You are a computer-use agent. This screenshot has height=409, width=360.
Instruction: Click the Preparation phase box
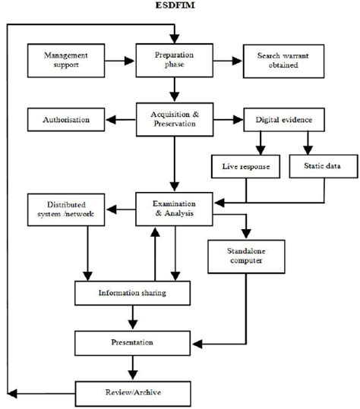pyautogui.click(x=174, y=61)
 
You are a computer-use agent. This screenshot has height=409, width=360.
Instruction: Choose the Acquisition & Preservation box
pyautogui.click(x=174, y=119)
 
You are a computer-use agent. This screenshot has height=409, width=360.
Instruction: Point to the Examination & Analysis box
pyautogui.click(x=174, y=209)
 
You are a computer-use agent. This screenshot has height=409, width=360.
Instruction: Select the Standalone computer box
pyautogui.click(x=245, y=256)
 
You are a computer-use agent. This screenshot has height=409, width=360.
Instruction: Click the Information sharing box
pyautogui.click(x=132, y=292)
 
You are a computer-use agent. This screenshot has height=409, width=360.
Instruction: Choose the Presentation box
pyautogui.click(x=132, y=342)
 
